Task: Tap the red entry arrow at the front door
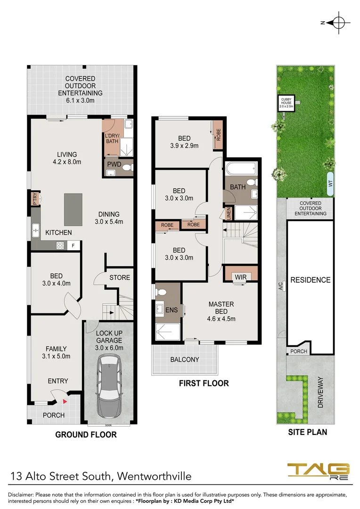pos(65,401)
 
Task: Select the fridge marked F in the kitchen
pos(73,246)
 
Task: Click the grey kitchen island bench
pos(73,209)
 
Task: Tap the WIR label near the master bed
pos(240,277)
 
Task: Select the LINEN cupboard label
pos(229,213)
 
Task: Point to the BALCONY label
pos(185,359)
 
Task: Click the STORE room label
pos(120,278)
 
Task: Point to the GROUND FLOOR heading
pos(86,435)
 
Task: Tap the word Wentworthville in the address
pos(154,476)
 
